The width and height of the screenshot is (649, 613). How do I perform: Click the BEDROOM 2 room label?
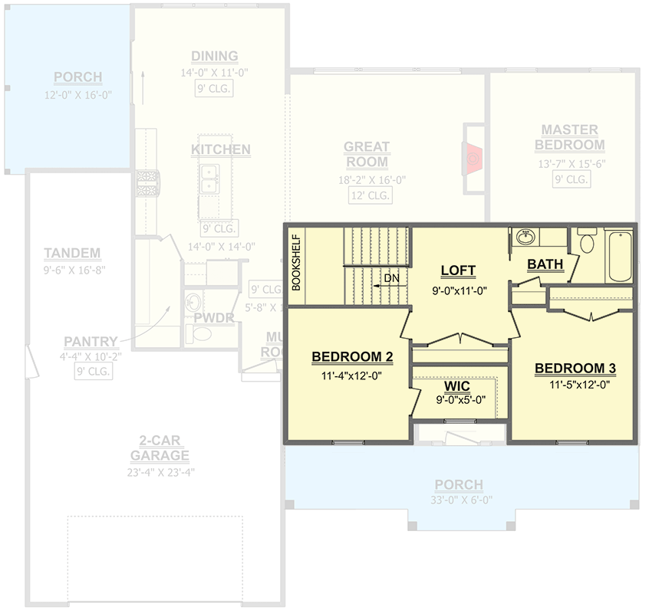[x=352, y=357]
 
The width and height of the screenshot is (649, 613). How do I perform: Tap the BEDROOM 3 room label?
[x=575, y=369]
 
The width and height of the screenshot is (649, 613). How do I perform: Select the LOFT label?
[x=458, y=271]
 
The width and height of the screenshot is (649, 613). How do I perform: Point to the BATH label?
[x=545, y=264]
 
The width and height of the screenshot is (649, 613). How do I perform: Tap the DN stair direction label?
[x=391, y=278]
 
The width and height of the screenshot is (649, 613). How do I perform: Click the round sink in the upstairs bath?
[x=526, y=238]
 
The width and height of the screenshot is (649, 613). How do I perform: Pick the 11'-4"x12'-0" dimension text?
[x=352, y=376]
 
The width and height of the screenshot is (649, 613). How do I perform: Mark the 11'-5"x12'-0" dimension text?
[x=575, y=385]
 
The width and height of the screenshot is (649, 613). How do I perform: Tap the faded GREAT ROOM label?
[x=367, y=154]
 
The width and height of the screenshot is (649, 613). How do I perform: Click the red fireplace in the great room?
[x=474, y=158]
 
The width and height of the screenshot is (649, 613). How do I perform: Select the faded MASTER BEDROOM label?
[x=569, y=137]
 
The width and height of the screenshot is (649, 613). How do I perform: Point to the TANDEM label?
[x=72, y=253]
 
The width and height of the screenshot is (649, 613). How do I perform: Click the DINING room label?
[x=215, y=56]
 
